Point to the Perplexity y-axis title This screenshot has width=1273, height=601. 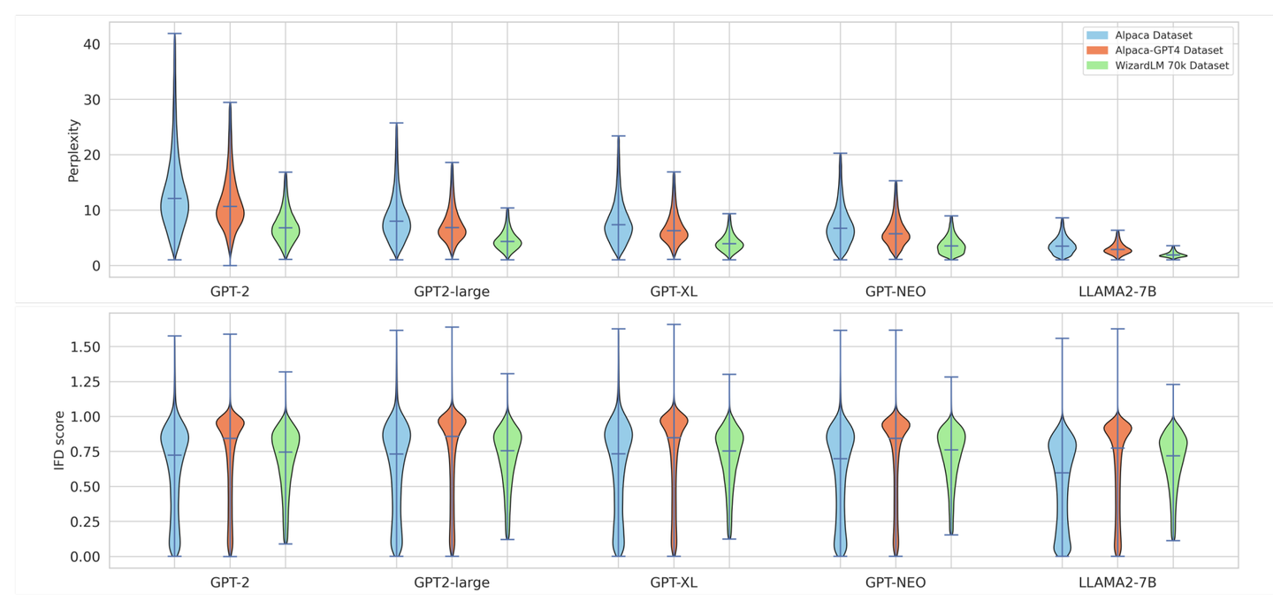tap(74, 150)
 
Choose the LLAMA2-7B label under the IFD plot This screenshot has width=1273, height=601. tap(1117, 583)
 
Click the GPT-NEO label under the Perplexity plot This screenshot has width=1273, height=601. tap(896, 291)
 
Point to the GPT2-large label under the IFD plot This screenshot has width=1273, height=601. tap(452, 583)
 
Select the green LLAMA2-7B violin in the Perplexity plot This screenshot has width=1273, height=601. tap(1173, 255)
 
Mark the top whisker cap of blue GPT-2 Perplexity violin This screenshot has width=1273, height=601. tap(175, 34)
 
